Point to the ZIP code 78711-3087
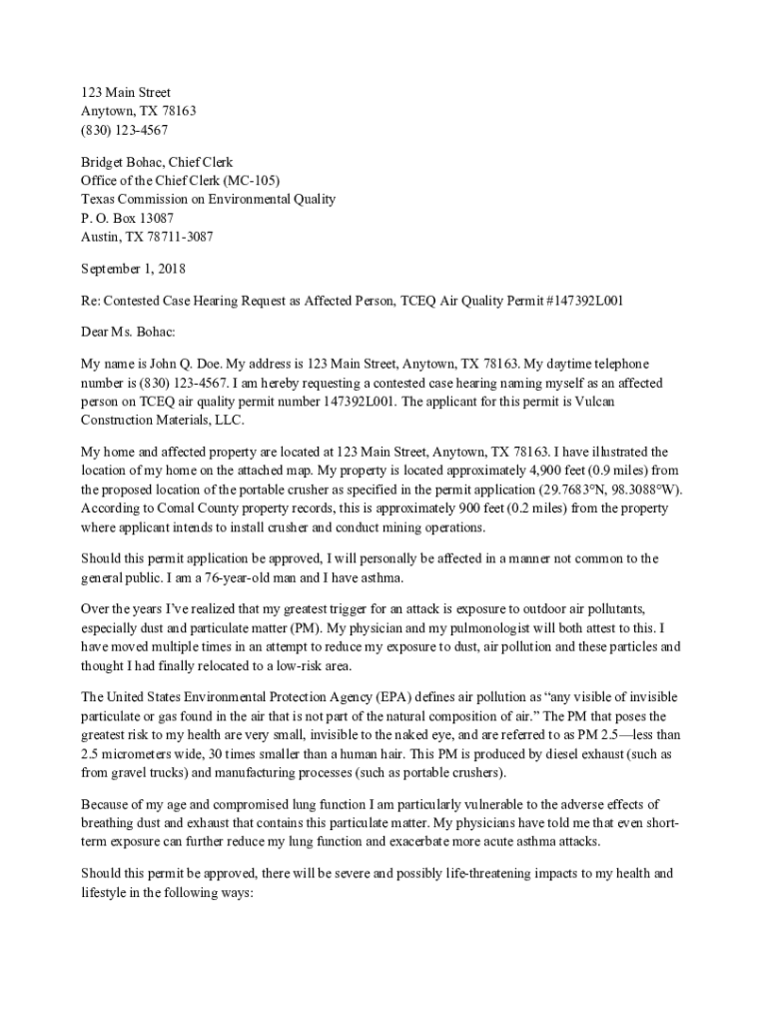(x=180, y=238)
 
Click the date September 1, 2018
(x=133, y=269)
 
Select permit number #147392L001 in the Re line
(x=581, y=300)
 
